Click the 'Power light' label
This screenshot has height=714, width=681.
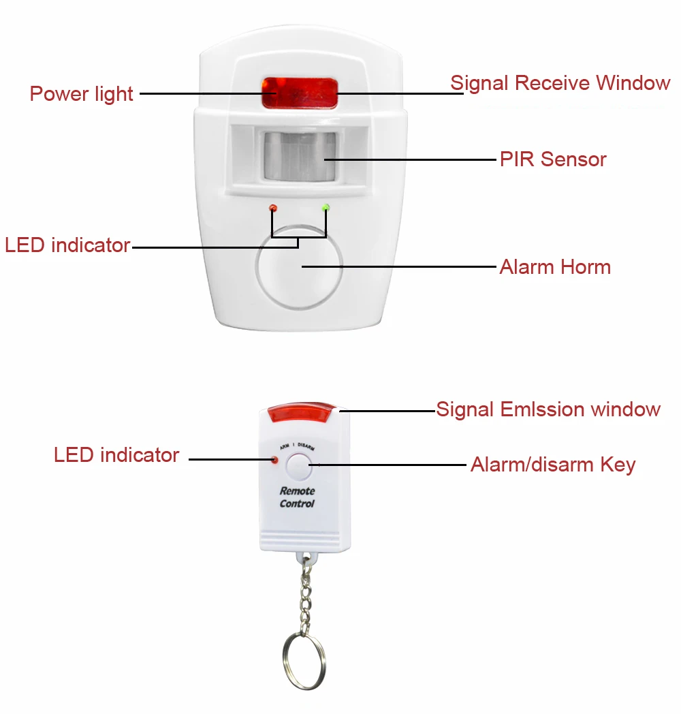(x=81, y=93)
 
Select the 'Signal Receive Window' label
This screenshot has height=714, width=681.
(x=560, y=83)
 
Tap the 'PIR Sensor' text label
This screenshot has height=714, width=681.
(x=552, y=159)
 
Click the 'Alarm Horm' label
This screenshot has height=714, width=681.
(x=555, y=266)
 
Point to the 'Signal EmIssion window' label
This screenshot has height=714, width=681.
(x=548, y=409)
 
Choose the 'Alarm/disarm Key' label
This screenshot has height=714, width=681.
(x=552, y=465)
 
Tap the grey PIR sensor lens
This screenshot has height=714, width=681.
(x=300, y=156)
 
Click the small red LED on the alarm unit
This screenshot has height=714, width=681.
(x=273, y=207)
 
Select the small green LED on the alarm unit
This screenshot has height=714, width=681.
(x=326, y=206)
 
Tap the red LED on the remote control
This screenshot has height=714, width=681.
(x=275, y=461)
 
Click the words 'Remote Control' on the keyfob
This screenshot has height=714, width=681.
(x=298, y=497)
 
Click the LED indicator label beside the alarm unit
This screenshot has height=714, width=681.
(x=67, y=245)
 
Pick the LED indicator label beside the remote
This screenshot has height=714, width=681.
(x=116, y=455)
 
